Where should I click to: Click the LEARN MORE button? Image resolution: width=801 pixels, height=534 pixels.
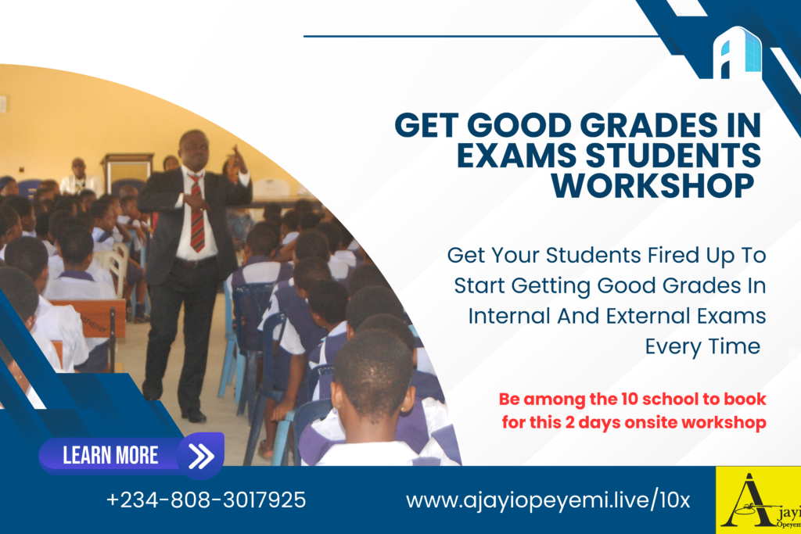click(131, 455)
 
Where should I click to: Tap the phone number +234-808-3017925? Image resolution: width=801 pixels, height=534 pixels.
click(206, 500)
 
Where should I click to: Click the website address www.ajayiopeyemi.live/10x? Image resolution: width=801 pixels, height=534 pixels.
click(548, 500)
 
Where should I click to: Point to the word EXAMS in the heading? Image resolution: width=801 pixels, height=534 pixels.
click(516, 156)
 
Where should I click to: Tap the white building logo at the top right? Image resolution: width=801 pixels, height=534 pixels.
click(738, 54)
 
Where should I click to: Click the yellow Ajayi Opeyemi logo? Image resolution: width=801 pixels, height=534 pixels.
click(758, 500)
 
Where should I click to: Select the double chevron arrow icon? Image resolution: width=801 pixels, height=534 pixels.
click(201, 456)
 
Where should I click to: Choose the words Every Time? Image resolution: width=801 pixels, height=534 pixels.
click(702, 347)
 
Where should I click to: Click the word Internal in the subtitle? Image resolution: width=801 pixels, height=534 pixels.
click(509, 316)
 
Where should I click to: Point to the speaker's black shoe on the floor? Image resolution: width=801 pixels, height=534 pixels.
click(194, 416)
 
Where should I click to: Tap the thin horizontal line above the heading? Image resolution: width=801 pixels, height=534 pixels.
click(481, 36)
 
